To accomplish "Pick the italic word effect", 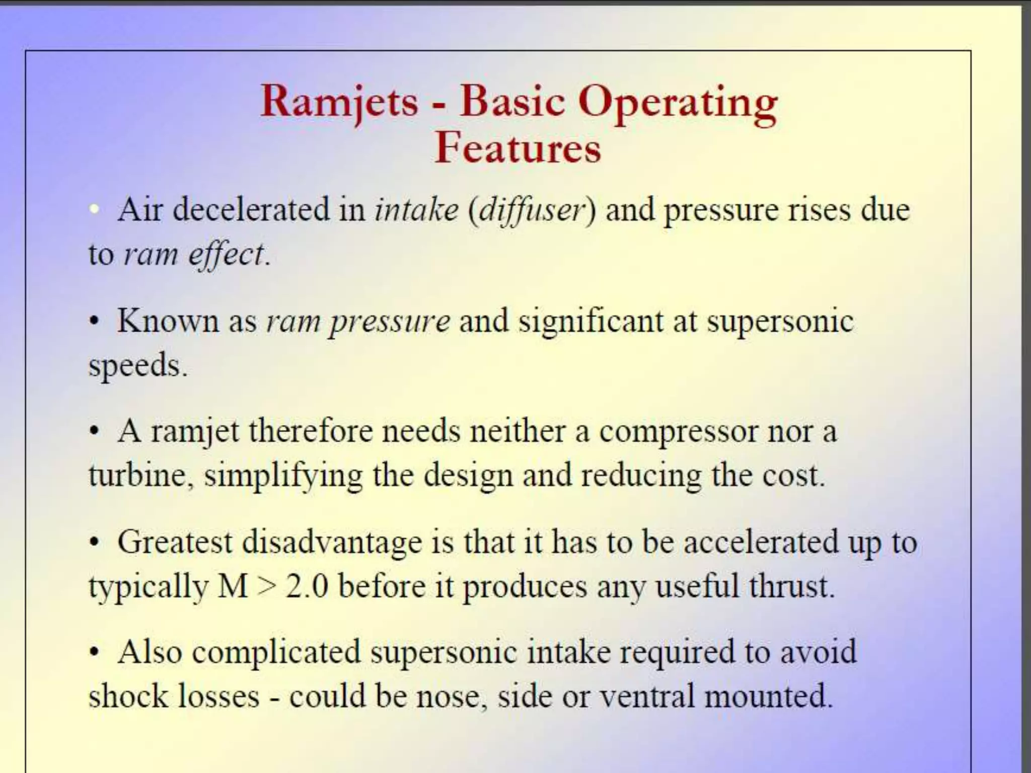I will coord(226,255).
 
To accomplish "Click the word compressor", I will coord(678,432).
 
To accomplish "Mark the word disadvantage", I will coord(332,542).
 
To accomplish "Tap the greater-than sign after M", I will coord(267,587).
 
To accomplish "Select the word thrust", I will coord(788,586).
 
